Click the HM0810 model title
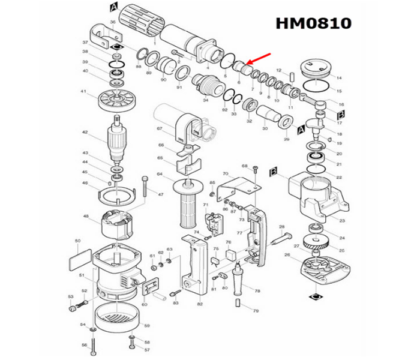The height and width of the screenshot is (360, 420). coord(313,23)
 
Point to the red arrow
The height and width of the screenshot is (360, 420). coord(259,59)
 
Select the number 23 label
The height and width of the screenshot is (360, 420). coord(339,204)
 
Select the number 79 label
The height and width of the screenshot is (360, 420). coord(256,311)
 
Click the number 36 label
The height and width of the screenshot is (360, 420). coord(112,22)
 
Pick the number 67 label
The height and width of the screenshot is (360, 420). coord(159,128)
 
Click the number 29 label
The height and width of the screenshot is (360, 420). coord(287,139)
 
